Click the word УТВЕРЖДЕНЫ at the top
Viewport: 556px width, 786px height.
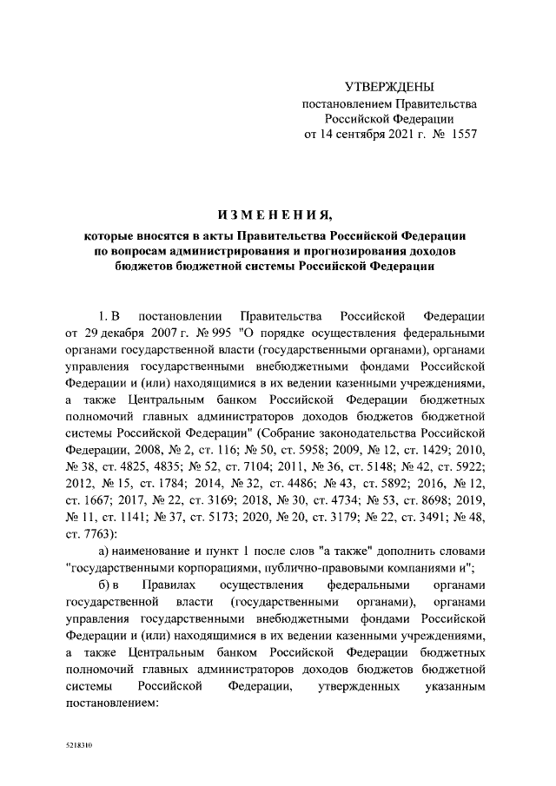click(x=389, y=87)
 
